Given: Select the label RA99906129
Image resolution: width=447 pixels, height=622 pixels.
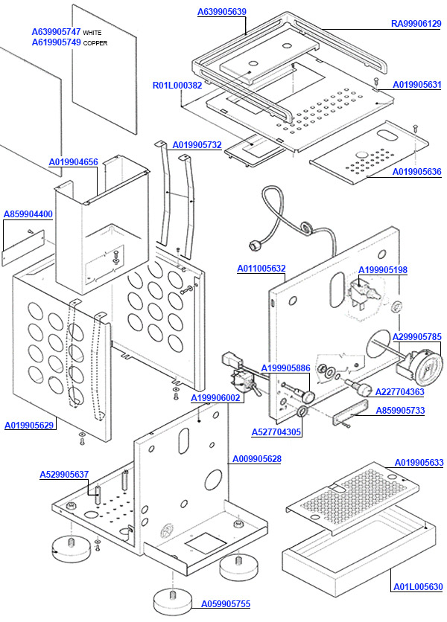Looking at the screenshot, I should (416, 24).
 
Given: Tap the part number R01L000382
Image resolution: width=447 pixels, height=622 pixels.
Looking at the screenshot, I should (177, 86).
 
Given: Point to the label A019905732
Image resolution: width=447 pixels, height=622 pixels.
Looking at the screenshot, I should (197, 144).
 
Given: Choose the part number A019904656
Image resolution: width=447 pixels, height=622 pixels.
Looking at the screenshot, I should (74, 161).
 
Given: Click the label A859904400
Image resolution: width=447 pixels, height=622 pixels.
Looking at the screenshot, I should (28, 214).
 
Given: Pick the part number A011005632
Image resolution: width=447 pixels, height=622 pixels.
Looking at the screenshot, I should (261, 268).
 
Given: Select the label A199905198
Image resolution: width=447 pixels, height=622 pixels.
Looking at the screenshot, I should (383, 269).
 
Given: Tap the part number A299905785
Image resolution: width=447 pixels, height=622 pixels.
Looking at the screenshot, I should (416, 336).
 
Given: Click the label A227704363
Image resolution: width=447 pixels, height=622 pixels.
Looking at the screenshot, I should (400, 391).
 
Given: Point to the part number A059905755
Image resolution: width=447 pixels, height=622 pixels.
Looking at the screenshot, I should (226, 604).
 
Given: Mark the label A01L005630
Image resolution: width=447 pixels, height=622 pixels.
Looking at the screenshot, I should (418, 587).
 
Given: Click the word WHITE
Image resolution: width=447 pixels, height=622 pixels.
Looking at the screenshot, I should (92, 33).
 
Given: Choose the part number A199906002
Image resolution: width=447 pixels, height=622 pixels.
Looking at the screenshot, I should (216, 398).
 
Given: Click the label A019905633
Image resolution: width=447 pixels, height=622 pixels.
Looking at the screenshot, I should (419, 463).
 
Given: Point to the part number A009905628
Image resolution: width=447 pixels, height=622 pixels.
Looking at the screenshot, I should (257, 458).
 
